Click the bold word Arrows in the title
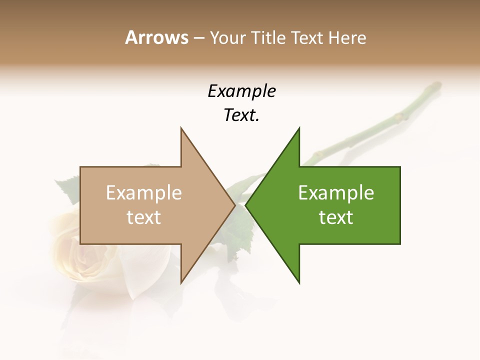[x=156, y=37]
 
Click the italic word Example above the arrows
[x=241, y=91]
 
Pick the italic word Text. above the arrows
[x=241, y=115]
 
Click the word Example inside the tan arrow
[x=143, y=193]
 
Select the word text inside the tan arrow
[x=143, y=217]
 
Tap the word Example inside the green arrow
[x=336, y=193]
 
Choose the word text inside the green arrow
[x=336, y=217]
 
